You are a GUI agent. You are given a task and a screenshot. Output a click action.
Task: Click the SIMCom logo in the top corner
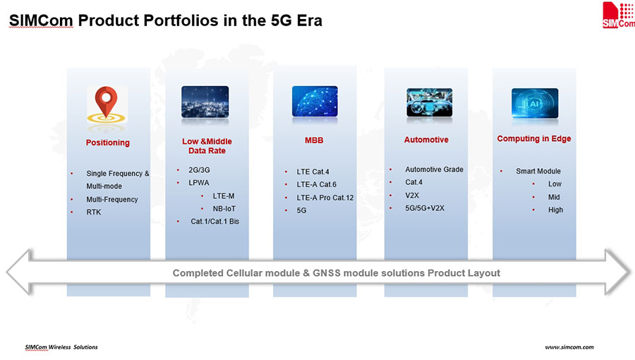618,15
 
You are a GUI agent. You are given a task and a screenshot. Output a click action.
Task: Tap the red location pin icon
106,101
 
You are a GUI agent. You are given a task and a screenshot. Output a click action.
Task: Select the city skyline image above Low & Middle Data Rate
205,102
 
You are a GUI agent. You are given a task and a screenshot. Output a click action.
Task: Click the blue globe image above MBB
315,101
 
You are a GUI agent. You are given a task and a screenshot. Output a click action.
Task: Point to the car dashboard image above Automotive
429,102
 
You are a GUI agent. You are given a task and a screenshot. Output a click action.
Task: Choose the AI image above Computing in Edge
535,103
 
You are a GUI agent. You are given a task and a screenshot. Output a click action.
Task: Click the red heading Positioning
108,143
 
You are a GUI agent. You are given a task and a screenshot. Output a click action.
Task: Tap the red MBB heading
314,140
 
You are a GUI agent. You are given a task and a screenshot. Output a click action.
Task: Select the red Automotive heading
426,140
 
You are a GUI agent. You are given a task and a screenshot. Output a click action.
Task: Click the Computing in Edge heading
534,138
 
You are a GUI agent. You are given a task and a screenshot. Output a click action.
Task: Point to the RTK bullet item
94,212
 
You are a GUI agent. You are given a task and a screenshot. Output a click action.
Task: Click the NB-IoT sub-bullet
224,208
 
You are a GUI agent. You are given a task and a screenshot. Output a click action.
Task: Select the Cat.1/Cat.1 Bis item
215,221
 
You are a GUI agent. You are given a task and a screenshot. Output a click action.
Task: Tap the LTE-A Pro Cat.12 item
325,198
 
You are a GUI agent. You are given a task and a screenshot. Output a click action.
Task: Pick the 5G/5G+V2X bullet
425,208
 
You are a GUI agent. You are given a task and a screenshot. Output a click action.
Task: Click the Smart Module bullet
538,171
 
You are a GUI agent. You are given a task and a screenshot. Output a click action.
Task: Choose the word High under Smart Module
556,210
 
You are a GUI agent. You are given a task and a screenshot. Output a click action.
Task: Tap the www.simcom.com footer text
569,347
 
